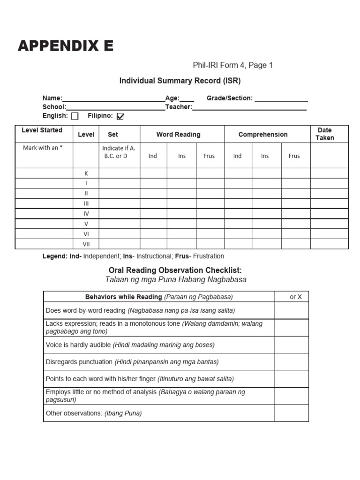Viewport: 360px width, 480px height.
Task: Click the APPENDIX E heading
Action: tap(66, 46)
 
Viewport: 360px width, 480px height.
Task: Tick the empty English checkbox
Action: tap(75, 116)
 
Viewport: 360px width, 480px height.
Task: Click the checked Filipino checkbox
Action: tap(120, 116)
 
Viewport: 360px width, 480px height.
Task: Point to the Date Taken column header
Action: tap(325, 134)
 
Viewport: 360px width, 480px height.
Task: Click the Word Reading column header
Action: tap(178, 135)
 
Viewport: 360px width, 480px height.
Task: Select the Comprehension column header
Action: tap(263, 135)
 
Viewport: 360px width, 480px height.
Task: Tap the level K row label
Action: tap(86, 173)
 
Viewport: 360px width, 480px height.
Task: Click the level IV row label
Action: tap(86, 214)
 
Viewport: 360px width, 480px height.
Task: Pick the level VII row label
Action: tap(86, 244)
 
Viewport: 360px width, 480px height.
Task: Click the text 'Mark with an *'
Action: tap(43, 148)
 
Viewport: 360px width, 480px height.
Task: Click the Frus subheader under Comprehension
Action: tap(294, 156)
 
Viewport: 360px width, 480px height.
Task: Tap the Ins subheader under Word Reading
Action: tap(182, 156)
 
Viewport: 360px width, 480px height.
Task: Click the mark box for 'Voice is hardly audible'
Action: tap(292, 345)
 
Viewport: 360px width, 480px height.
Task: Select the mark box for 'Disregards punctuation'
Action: tap(292, 362)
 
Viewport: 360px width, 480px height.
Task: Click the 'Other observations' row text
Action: tap(94, 413)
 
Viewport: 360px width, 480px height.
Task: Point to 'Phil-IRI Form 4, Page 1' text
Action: tap(232, 66)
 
